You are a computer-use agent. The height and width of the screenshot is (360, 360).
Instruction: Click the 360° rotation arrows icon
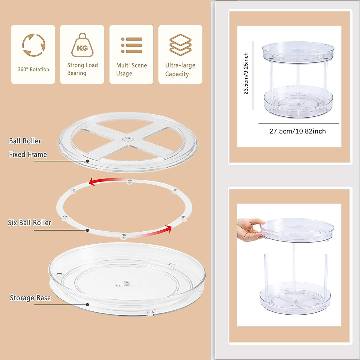pyautogui.click(x=34, y=45)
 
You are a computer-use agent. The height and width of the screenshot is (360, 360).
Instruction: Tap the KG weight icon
pyautogui.click(x=82, y=46)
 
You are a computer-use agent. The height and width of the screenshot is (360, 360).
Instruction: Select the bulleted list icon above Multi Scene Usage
pyautogui.click(x=132, y=45)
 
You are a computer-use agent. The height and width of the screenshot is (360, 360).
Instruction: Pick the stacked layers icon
pyautogui.click(x=180, y=45)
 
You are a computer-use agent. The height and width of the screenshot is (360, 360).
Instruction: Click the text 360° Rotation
pyautogui.click(x=33, y=69)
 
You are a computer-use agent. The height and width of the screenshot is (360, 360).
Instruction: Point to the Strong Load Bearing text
pyautogui.click(x=82, y=69)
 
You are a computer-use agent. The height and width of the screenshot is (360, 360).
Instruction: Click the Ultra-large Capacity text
pyautogui.click(x=180, y=70)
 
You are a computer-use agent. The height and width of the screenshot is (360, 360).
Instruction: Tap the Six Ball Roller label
pyautogui.click(x=29, y=223)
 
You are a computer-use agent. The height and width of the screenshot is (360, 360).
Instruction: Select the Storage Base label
pyautogui.click(x=30, y=298)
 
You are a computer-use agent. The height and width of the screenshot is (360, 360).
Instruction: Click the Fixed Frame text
pyautogui.click(x=28, y=154)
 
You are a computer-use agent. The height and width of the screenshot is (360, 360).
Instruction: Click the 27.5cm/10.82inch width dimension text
pyautogui.click(x=297, y=131)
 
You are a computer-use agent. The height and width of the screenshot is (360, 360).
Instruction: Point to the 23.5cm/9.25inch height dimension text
pyautogui.click(x=246, y=73)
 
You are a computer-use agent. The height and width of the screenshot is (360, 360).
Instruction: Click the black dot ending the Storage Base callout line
pyautogui.click(x=87, y=304)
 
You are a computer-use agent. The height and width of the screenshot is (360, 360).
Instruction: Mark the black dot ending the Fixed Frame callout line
pyautogui.click(x=87, y=161)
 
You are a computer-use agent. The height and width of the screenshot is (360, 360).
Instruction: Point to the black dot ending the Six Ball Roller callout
pyautogui.click(x=87, y=230)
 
